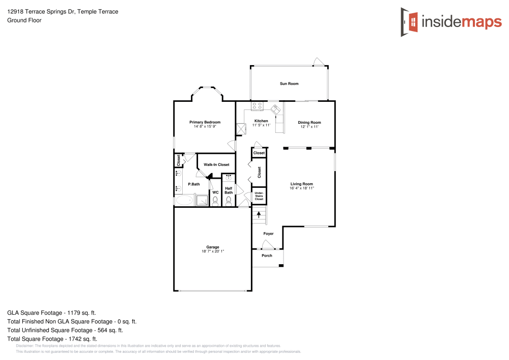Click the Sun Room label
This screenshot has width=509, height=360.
[x=289, y=84]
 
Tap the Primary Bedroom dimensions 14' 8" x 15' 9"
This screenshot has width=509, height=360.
[x=205, y=126]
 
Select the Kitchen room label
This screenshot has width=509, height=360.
[x=261, y=121]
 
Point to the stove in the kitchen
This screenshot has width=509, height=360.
[x=257, y=106]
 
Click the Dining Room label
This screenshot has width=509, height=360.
[x=309, y=123]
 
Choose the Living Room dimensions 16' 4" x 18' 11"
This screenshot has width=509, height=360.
[x=302, y=188]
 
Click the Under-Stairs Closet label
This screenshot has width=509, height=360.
[x=259, y=196]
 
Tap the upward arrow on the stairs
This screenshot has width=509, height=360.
[x=259, y=215]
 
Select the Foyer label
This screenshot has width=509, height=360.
[x=268, y=234]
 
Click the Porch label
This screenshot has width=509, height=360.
[x=267, y=256]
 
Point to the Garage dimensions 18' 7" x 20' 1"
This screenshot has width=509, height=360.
[x=212, y=251]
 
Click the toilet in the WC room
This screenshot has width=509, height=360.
[x=215, y=201]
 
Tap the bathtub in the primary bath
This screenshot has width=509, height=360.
[x=185, y=201]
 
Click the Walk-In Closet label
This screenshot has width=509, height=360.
[x=216, y=165]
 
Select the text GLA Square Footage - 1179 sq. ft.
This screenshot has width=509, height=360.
[x=51, y=313]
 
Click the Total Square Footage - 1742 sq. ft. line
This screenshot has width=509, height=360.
[x=52, y=339]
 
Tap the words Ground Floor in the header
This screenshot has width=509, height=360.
[x=24, y=20]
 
